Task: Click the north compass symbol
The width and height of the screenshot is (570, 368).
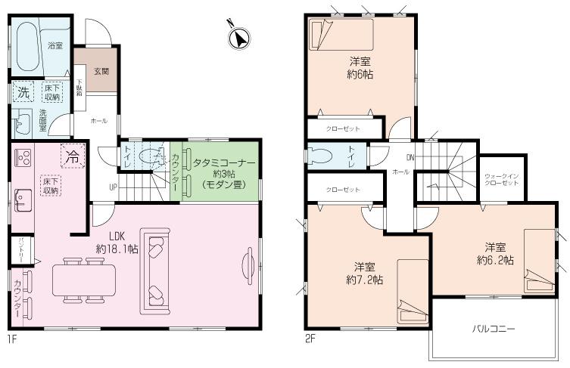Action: tap(240, 37)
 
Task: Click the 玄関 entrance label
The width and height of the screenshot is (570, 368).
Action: tap(100, 72)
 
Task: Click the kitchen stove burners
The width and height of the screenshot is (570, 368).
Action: tap(21, 159)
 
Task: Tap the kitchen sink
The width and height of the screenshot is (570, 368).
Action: tap(20, 203)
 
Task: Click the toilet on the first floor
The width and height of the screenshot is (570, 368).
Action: tap(154, 158)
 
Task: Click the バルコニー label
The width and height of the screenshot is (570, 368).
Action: tap(494, 329)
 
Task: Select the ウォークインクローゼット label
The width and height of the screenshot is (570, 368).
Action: tap(501, 181)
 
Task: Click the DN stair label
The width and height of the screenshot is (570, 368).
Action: tap(410, 158)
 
